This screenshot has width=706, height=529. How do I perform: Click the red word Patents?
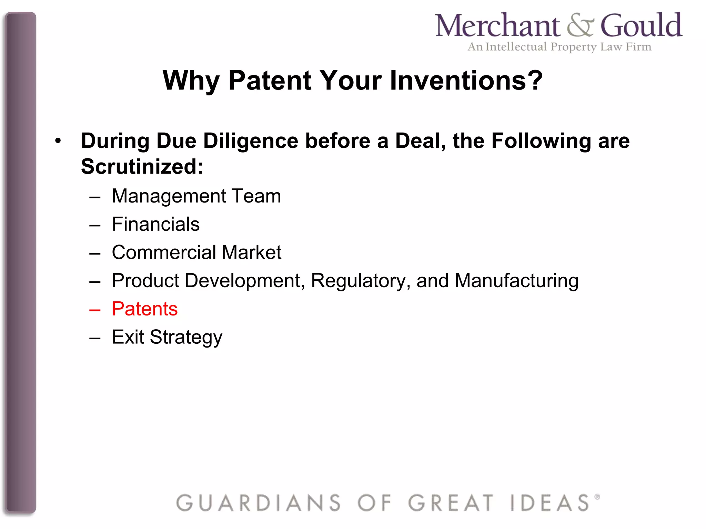click(x=145, y=309)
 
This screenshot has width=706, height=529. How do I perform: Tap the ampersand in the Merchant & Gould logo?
click(x=580, y=26)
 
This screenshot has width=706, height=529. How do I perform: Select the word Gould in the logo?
click(x=641, y=25)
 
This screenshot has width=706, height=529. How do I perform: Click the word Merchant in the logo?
click(x=497, y=26)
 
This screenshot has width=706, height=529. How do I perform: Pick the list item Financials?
click(x=156, y=224)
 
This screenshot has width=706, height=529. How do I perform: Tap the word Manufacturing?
click(x=516, y=280)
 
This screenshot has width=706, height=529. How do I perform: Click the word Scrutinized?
click(x=142, y=167)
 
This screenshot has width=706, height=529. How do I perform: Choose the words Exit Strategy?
click(x=167, y=337)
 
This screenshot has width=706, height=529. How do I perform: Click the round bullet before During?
click(x=58, y=141)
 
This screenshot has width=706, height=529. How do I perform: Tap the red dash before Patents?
click(x=95, y=310)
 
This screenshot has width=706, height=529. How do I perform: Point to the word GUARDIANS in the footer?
click(x=259, y=503)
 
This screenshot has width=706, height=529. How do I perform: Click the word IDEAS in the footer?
click(x=550, y=503)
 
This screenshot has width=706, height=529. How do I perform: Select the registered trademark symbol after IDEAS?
click(x=597, y=497)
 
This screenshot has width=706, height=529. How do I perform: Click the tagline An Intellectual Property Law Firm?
click(x=559, y=47)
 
